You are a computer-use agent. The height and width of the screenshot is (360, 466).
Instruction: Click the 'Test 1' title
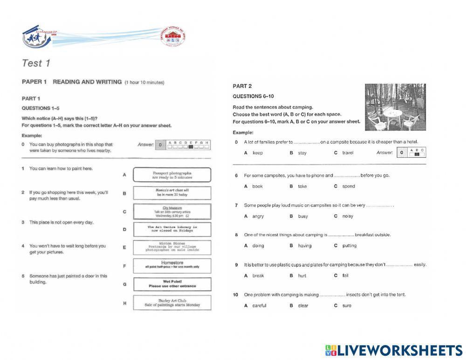click(36, 63)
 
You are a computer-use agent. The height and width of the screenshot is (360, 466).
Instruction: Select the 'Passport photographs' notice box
click(172, 175)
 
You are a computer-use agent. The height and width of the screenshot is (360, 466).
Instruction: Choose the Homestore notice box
click(172, 265)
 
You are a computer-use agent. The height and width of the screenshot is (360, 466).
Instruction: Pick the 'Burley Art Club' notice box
click(172, 303)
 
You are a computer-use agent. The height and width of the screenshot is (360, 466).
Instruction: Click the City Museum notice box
click(172, 211)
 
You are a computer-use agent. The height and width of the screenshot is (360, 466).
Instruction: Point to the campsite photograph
click(395, 107)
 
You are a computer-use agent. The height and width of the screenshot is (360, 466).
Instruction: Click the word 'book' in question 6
click(257, 187)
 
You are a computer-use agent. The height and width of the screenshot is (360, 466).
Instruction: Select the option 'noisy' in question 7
click(348, 216)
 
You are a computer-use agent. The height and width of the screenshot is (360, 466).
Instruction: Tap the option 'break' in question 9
click(258, 276)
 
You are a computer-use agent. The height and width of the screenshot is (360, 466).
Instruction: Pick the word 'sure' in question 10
click(347, 306)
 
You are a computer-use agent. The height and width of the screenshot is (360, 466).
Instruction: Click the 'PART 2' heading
click(242, 86)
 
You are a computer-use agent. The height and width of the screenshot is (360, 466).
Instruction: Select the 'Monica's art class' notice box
click(172, 193)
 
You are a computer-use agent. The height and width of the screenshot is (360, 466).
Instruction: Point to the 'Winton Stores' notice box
click(172, 247)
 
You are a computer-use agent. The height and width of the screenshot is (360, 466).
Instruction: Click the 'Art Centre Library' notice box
click(172, 229)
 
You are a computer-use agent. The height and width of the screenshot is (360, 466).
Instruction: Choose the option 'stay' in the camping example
click(302, 153)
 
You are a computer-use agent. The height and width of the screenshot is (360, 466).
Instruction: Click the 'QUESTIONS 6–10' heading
click(253, 97)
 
